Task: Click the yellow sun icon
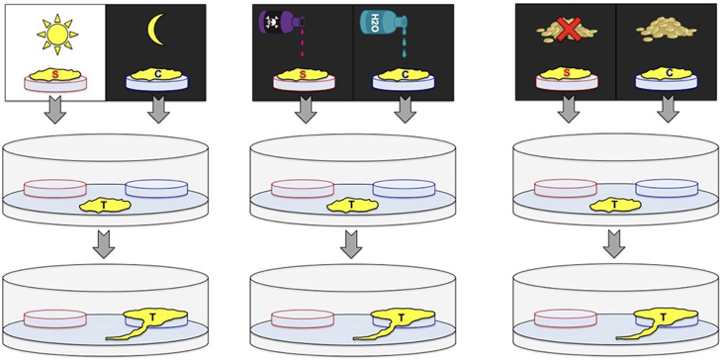click(57, 33)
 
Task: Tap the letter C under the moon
click(157, 73)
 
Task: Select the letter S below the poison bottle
click(304, 74)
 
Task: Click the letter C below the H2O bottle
click(404, 74)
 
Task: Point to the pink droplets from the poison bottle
click(303, 51)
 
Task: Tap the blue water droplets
click(404, 50)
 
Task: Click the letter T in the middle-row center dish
click(353, 205)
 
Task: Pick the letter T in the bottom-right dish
click(663, 316)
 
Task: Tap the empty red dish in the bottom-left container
click(54, 319)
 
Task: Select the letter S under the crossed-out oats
click(567, 74)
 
